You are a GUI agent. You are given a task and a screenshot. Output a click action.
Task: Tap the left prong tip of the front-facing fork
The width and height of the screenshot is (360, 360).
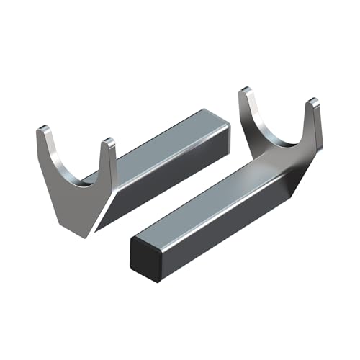(43, 131)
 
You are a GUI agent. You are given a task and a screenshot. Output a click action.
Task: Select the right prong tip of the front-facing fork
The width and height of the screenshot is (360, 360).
(109, 142)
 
